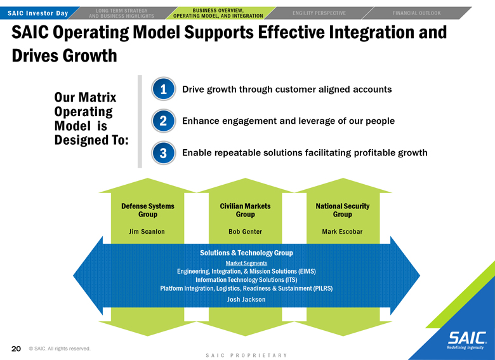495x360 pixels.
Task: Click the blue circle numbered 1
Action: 163,89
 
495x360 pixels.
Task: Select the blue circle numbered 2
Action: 163,121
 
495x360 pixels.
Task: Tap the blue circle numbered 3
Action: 163,153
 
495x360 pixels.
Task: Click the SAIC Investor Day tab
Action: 38,13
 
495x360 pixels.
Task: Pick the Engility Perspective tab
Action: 319,13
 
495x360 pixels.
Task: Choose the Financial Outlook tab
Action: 417,13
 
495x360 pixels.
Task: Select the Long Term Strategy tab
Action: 122,13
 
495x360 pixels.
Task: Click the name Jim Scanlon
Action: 147,232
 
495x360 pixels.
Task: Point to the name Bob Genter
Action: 246,232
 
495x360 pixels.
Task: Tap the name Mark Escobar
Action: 342,232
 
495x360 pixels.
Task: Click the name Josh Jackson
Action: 246,300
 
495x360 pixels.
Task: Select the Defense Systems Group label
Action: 148,210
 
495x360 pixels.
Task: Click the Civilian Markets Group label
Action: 246,210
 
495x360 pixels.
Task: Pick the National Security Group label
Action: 343,210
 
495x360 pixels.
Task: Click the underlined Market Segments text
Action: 247,263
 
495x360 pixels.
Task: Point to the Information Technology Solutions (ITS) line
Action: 246,280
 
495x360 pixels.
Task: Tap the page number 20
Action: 16,349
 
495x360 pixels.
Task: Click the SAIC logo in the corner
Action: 467,340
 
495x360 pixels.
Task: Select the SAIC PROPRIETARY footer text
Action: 246,356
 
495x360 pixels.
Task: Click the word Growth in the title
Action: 90,56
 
